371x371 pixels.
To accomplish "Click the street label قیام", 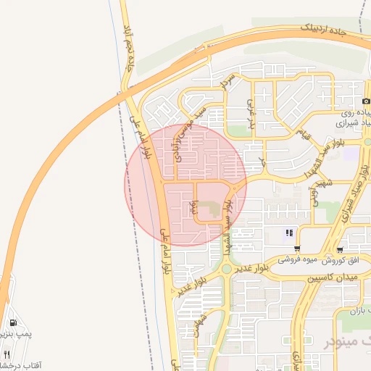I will coord(304,134).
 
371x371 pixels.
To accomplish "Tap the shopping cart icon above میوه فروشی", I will coord(297,249).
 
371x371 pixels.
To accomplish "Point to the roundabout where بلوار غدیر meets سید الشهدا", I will coord(227,269).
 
